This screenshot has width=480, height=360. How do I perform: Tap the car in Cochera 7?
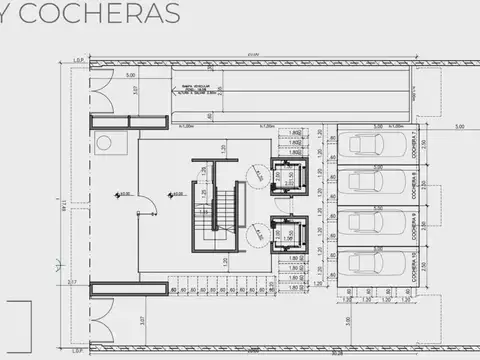(x=371, y=146)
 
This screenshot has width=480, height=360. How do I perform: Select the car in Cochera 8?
(x=371, y=184)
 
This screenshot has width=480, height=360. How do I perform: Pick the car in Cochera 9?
(x=371, y=223)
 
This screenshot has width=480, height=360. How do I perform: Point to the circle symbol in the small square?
(x=105, y=143)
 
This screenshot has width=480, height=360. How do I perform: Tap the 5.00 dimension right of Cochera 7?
(x=459, y=127)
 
